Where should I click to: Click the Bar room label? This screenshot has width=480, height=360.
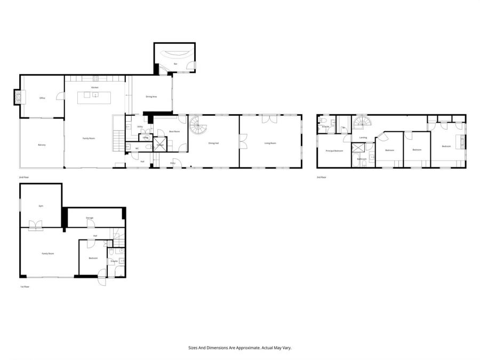[175, 64]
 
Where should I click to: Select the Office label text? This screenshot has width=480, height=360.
[42, 98]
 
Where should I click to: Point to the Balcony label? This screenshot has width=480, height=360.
[42, 145]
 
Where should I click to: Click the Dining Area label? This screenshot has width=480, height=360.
[151, 97]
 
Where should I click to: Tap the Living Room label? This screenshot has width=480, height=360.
[270, 143]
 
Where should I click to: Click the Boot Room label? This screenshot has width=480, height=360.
[174, 131]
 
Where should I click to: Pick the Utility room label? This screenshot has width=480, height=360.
[140, 126]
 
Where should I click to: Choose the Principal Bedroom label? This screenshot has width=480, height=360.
[334, 151]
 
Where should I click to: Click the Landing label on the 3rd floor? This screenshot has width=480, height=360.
[363, 138]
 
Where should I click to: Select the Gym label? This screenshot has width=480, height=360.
[40, 205]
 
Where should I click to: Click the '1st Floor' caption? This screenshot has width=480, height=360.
[25, 286]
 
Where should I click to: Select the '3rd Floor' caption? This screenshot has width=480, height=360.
[321, 177]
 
